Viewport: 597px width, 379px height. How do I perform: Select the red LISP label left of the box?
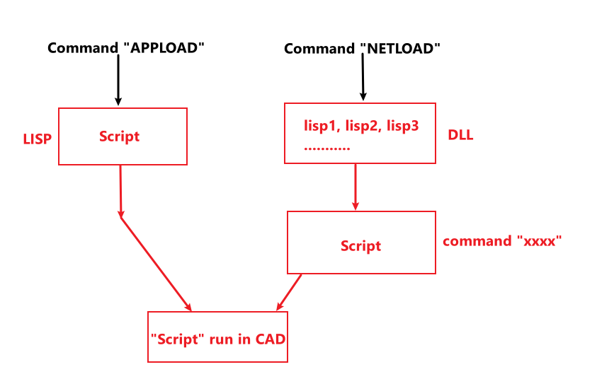click(38, 139)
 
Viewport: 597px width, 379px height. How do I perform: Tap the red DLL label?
click(460, 135)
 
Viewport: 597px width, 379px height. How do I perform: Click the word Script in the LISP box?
click(120, 136)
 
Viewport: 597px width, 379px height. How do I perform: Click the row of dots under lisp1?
click(327, 148)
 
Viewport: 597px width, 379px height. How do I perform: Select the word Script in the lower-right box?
click(360, 246)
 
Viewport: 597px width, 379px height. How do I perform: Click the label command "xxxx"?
click(502, 241)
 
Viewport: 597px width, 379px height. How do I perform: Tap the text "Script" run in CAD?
click(218, 338)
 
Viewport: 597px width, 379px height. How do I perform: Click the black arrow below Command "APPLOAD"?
click(118, 81)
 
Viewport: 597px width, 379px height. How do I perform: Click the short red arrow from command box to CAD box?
click(289, 292)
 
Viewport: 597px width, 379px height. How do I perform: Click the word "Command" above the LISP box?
click(83, 48)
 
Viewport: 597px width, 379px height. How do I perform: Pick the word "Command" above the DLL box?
click(319, 49)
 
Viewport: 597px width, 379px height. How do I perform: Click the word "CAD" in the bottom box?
click(271, 338)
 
